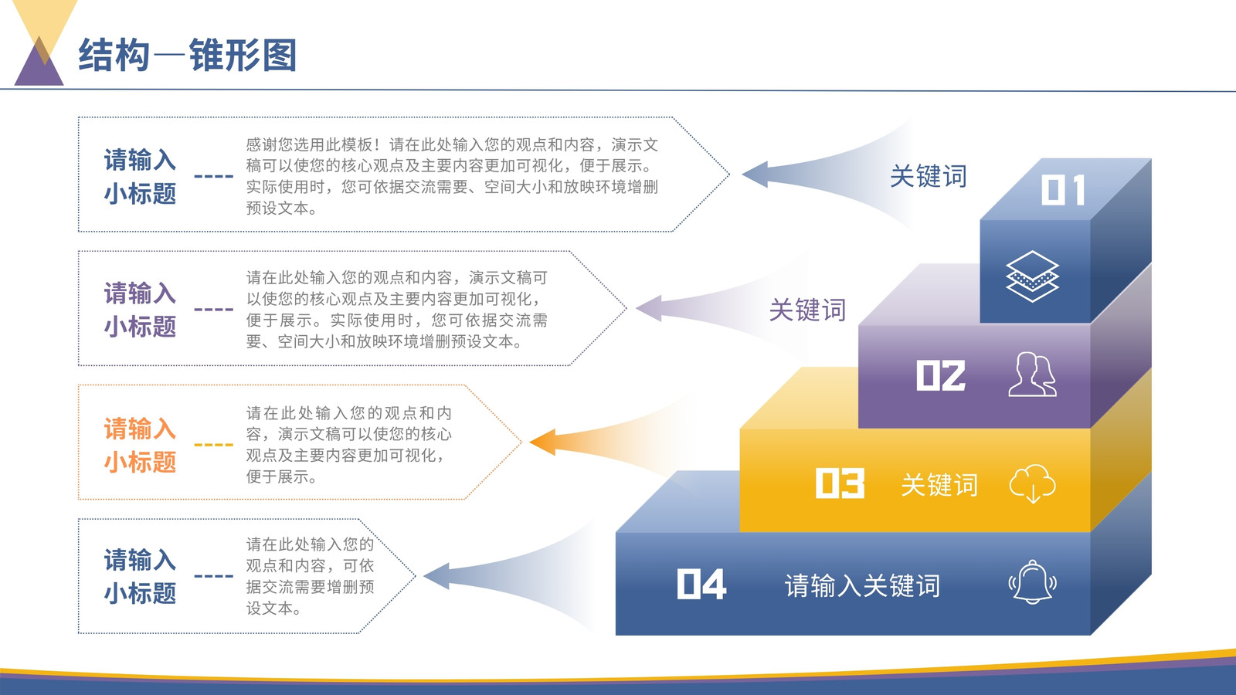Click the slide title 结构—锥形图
tap(188, 55)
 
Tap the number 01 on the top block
tap(1063, 190)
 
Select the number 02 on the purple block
tap(941, 375)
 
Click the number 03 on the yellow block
tap(840, 483)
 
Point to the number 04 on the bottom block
tap(701, 584)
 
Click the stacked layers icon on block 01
tap(1032, 276)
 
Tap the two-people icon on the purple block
tap(1032, 375)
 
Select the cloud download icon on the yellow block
tap(1032, 483)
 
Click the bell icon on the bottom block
tap(1032, 582)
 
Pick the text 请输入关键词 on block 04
tap(862, 586)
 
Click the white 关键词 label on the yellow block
tap(939, 486)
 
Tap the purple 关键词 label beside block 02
tap(807, 310)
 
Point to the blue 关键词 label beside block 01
tap(929, 177)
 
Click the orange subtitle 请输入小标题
tap(140, 445)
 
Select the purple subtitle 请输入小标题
tap(140, 310)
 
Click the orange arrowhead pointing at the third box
tap(543, 442)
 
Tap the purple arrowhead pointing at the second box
tap(649, 308)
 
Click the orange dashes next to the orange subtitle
tap(213, 445)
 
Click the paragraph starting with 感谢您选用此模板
tap(452, 177)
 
